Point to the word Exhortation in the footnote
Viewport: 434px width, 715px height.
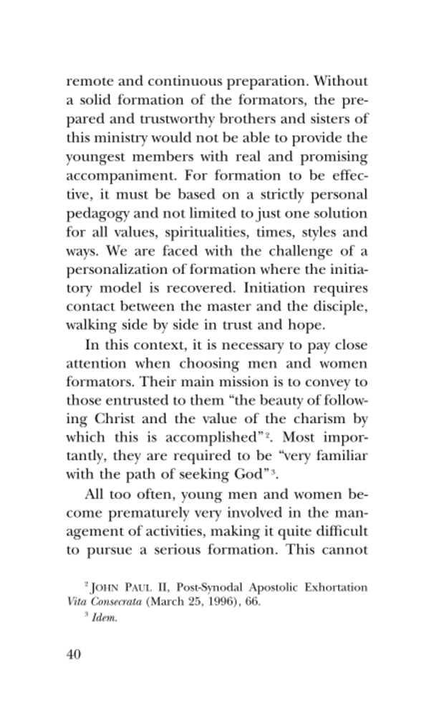pyautogui.click(x=334, y=588)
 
